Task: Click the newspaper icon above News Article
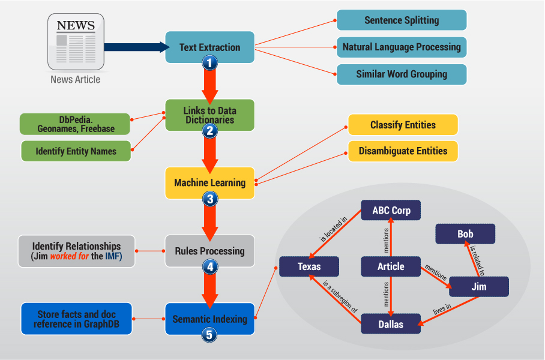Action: tap(76, 41)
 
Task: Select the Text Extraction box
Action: tap(209, 47)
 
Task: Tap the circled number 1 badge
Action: tap(209, 62)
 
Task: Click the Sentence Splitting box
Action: tap(402, 20)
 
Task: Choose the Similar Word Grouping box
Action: tap(402, 74)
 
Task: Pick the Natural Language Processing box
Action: tap(402, 47)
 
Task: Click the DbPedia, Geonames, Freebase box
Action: tap(76, 124)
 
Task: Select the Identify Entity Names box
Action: tap(76, 151)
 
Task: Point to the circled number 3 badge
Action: tap(209, 199)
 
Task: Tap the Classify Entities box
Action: tap(403, 125)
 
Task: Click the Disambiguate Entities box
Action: tap(403, 151)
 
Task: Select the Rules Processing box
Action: tap(209, 251)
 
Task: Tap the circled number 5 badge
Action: tap(209, 335)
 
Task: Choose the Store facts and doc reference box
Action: tap(76, 319)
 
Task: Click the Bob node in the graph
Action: tap(465, 234)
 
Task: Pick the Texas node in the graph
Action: tap(309, 266)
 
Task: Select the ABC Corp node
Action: tap(391, 211)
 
